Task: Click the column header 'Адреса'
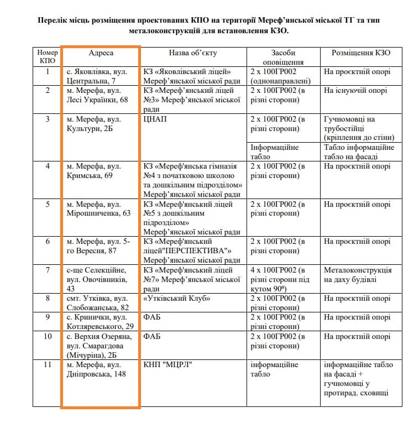click(101, 53)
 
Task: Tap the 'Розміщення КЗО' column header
click(360, 53)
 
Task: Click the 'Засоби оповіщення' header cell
click(282, 57)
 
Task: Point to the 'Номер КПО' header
click(48, 57)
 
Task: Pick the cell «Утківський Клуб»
click(177, 299)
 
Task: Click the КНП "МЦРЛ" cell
click(168, 365)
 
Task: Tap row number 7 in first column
click(48, 270)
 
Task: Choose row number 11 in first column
click(48, 365)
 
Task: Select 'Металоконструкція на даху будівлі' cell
click(358, 275)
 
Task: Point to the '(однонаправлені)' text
click(279, 81)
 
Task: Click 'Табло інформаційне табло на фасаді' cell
click(359, 152)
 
